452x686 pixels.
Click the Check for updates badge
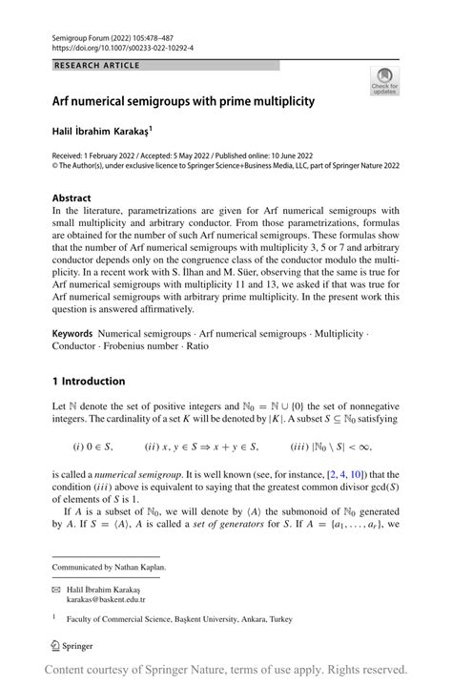click(x=384, y=80)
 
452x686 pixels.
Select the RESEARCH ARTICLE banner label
click(x=97, y=65)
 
